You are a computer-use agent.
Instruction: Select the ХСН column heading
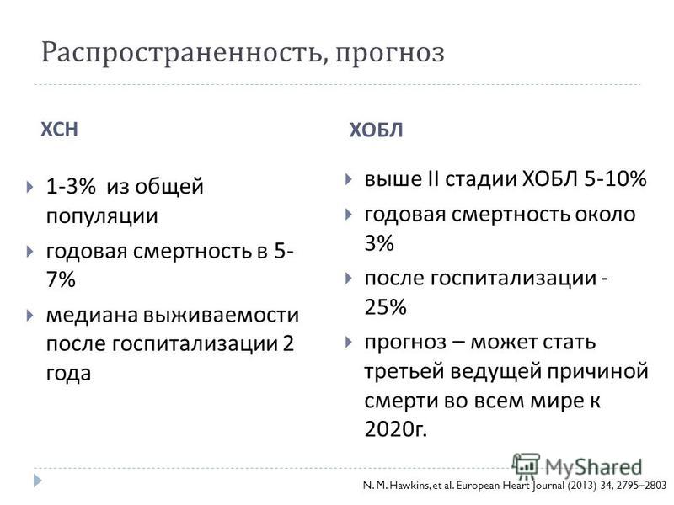coord(59,130)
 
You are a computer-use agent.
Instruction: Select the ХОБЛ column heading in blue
coord(376,130)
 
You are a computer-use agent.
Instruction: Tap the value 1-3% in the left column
coord(71,186)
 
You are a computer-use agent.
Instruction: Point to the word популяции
coord(102,216)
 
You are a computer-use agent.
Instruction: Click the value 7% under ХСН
coord(61,279)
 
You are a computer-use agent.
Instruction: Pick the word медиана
coord(92,315)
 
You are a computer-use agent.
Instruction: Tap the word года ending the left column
coord(68,373)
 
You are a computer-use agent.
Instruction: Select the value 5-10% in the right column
coord(615,178)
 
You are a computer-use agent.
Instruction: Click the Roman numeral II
coord(433,178)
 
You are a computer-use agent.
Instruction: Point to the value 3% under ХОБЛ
coord(378,243)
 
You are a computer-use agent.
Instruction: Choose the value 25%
coord(385,307)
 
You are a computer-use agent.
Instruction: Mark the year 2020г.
coord(395,428)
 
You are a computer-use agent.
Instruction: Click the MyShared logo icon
coord(525,465)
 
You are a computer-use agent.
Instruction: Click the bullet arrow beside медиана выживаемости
coord(29,316)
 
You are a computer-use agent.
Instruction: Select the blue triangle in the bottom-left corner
coord(38,480)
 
